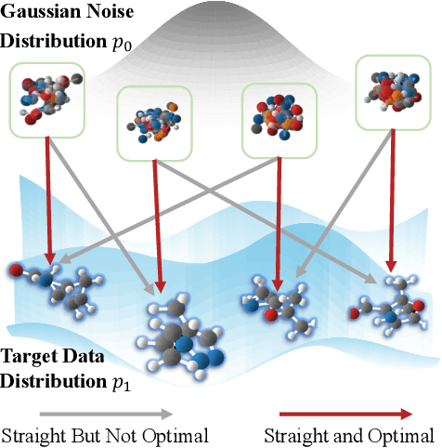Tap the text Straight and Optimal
(x=348, y=435)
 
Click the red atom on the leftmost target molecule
(x=16, y=271)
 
